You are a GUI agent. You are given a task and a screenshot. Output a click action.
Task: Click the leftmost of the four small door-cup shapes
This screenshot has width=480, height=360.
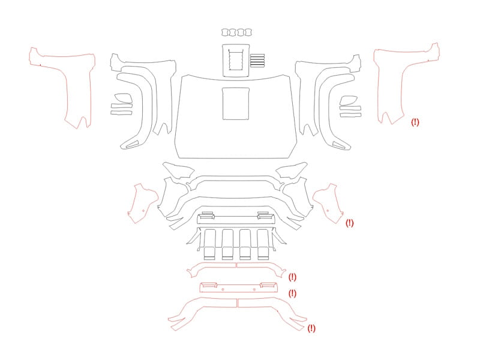pos(225,32)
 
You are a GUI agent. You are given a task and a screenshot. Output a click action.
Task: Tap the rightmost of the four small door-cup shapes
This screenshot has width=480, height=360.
pos(248,32)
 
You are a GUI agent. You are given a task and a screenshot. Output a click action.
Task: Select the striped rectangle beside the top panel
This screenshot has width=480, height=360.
pos(257,61)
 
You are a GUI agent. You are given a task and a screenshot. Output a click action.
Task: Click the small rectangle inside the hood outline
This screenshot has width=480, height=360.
pos(236,103)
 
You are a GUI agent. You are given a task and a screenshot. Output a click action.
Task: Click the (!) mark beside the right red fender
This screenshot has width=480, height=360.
pos(415,122)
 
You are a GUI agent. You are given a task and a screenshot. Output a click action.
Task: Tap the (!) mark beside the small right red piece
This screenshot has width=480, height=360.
pos(349,223)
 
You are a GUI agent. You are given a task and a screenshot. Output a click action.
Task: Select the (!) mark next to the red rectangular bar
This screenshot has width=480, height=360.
pos(292,293)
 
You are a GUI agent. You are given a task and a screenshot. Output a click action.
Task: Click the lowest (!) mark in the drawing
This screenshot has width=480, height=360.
pos(311,328)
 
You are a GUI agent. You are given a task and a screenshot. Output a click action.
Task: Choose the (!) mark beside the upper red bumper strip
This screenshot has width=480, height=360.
pos(292,277)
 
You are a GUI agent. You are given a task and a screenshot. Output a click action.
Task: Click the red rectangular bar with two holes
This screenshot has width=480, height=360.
pos(238,288)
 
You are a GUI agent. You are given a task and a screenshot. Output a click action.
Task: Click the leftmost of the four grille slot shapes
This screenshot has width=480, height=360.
pos(209,244)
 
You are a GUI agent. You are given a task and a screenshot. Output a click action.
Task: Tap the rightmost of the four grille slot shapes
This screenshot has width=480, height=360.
pos(263,244)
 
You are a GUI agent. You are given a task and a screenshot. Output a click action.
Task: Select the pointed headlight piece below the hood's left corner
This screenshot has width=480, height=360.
pos(178,170)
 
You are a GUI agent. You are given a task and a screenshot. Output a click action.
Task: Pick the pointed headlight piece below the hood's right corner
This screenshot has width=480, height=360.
pos(292,170)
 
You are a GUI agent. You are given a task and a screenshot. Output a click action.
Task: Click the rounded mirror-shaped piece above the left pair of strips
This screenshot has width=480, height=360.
pos(124,98)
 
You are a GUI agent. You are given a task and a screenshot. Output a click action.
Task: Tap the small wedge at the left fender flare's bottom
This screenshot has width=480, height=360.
pos(133,145)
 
